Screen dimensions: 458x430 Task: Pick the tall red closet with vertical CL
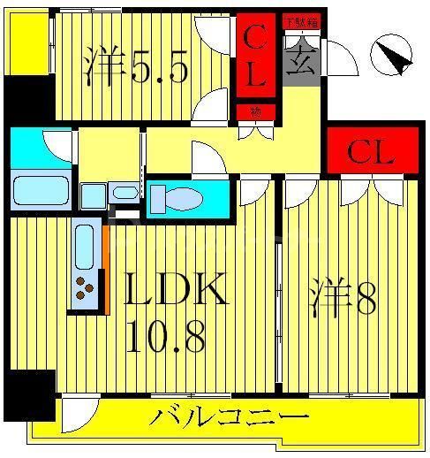255,58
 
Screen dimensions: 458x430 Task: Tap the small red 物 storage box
255,111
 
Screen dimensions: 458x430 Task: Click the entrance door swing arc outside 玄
339,56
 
